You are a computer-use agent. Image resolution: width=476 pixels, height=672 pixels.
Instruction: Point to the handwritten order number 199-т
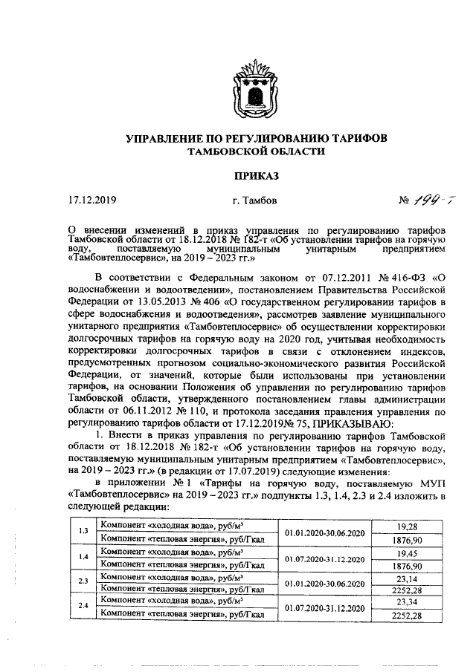click(426, 200)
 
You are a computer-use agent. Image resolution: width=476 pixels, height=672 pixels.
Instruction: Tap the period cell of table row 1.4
click(327, 561)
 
